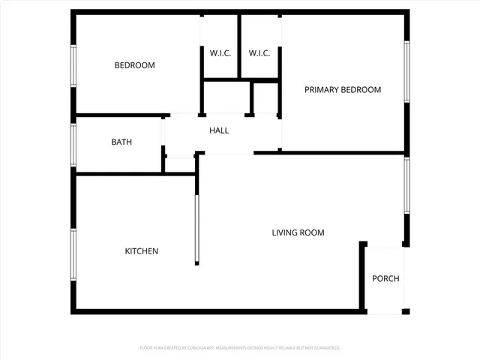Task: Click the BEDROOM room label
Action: coord(134,66)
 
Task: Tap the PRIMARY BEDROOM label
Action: coord(342,90)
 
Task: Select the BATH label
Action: coord(121,142)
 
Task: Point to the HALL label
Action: coord(219,130)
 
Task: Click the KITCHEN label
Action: coord(141,251)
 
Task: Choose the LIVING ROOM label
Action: coord(298,232)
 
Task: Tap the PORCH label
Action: coord(385,279)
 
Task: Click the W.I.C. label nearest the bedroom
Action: coord(219,52)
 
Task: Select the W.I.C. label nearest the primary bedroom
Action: coord(259,52)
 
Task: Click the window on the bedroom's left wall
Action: coord(73,67)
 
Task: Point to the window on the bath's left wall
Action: coord(73,144)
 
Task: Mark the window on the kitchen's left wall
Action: coord(73,255)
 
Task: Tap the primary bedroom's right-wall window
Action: coord(406,71)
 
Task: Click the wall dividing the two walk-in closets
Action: coord(239,45)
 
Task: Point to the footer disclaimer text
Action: coord(240,348)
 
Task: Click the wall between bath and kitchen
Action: coord(120,174)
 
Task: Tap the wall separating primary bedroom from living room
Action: coord(330,153)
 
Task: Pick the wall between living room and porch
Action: coord(364,277)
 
